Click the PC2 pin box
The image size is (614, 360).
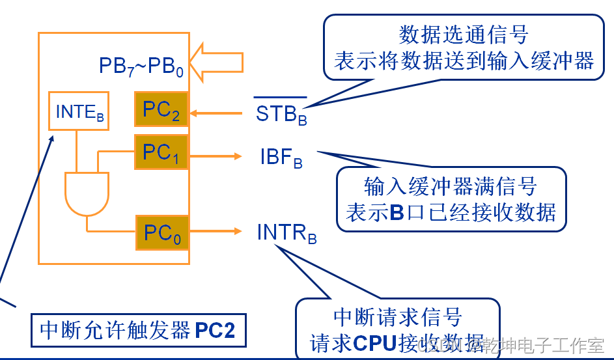click(161, 109)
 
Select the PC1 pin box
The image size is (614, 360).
click(161, 152)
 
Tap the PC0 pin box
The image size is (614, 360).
click(162, 232)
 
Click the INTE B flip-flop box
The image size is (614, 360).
click(79, 111)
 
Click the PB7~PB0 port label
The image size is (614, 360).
click(141, 66)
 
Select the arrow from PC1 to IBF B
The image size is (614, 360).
click(215, 156)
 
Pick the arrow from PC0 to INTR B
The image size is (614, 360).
click(215, 231)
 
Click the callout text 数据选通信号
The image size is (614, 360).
click(463, 35)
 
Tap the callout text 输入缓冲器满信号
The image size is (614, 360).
click(451, 187)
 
